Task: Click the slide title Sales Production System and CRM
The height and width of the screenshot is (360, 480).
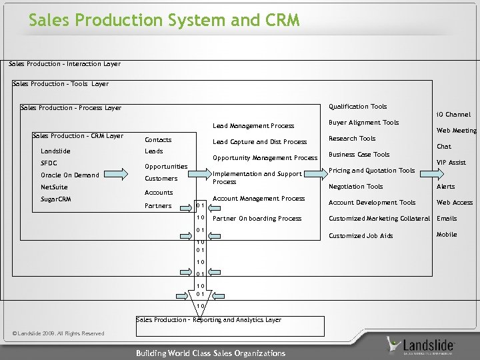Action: pyautogui.click(x=164, y=21)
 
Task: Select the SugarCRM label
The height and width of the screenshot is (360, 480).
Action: pyautogui.click(x=56, y=199)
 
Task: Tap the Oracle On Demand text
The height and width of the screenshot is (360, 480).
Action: pyautogui.click(x=70, y=175)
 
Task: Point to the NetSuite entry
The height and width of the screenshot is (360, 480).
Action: pyautogui.click(x=54, y=187)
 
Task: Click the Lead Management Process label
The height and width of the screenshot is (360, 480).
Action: pyautogui.click(x=253, y=126)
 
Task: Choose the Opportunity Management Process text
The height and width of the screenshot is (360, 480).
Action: pyautogui.click(x=265, y=158)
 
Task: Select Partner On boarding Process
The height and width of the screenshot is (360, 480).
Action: pyautogui.click(x=257, y=219)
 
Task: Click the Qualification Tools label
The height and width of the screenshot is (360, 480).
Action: pyautogui.click(x=358, y=107)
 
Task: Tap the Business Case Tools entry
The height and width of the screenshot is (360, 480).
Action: pyautogui.click(x=359, y=155)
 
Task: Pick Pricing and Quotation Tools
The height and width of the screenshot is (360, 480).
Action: pyautogui.click(x=371, y=171)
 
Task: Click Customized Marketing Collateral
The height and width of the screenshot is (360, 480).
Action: pyautogui.click(x=379, y=219)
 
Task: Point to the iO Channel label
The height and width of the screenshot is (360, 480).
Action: pyautogui.click(x=453, y=115)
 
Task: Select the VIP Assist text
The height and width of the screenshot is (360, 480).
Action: pyautogui.click(x=451, y=163)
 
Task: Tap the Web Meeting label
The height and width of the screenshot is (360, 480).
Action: pyautogui.click(x=456, y=131)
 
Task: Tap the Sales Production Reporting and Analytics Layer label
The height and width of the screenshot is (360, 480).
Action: pyautogui.click(x=209, y=320)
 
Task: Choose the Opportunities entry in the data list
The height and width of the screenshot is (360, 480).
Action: pyautogui.click(x=166, y=167)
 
